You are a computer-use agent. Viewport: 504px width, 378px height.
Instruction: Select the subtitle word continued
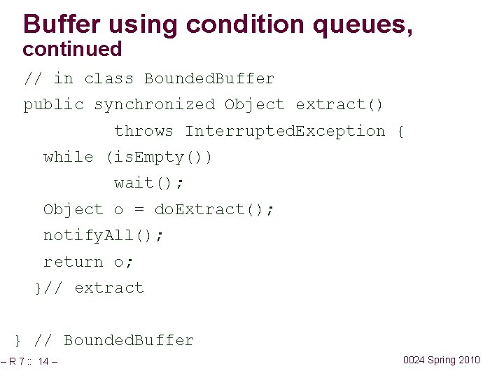pyautogui.click(x=72, y=50)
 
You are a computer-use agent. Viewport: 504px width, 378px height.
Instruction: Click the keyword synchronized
pyautogui.click(x=154, y=105)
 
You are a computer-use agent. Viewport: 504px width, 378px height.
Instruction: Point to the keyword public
pyautogui.click(x=53, y=105)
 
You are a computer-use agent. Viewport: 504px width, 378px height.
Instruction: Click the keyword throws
pyautogui.click(x=143, y=131)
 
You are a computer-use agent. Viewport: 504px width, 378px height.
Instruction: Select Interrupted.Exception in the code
pyautogui.click(x=285, y=131)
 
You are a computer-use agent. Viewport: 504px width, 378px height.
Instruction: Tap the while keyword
pyautogui.click(x=68, y=157)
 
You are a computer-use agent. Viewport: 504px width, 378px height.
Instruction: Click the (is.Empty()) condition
pyautogui.click(x=159, y=157)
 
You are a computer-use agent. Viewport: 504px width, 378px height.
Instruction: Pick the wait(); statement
pyautogui.click(x=149, y=183)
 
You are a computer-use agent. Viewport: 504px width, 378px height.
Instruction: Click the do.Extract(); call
pyautogui.click(x=214, y=209)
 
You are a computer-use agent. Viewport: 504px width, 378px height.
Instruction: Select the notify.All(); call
pyautogui.click(x=104, y=235)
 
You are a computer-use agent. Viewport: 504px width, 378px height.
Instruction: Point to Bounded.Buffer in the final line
pyautogui.click(x=129, y=341)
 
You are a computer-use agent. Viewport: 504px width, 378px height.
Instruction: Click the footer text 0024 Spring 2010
pyautogui.click(x=442, y=360)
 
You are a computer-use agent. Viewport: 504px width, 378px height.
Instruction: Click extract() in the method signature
pyautogui.click(x=339, y=105)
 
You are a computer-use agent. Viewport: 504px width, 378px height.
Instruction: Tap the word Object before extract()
pyautogui.click(x=255, y=105)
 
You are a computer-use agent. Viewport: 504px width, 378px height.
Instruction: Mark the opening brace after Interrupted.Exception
pyautogui.click(x=400, y=131)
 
